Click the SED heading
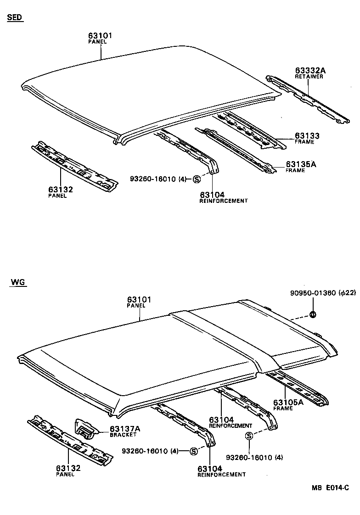coord(15,17)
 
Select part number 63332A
coord(310,70)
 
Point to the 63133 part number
coord(307,136)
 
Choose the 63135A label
coord(302,164)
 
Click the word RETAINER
coord(309,77)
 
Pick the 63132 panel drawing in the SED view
coord(73,166)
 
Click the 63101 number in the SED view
coord(100,35)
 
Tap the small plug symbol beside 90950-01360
coord(312,314)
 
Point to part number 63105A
coord(288,402)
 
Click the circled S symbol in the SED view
coord(196,179)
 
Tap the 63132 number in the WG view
coord(68,468)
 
